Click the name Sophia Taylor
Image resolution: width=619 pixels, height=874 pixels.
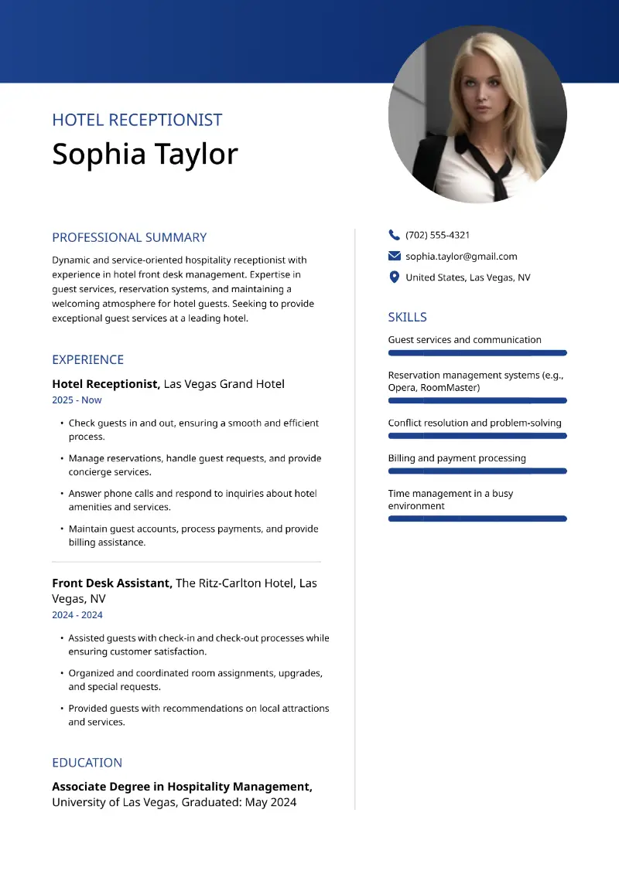(x=145, y=155)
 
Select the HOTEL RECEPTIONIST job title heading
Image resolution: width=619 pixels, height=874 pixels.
(x=137, y=120)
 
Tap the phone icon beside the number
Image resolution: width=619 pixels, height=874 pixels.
(x=395, y=235)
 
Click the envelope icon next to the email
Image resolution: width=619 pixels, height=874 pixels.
(x=395, y=257)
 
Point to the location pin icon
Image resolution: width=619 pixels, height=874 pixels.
(x=395, y=277)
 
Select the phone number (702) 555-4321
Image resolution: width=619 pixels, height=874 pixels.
(x=437, y=235)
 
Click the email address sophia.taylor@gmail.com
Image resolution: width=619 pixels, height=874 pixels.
(x=461, y=257)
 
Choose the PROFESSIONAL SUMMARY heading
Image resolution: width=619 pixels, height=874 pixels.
(x=129, y=237)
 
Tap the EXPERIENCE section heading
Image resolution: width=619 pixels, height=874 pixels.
(x=87, y=359)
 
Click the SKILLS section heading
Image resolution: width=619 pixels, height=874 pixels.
(x=407, y=317)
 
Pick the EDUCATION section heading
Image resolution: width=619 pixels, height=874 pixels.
(x=87, y=763)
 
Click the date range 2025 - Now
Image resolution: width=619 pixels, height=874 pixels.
(x=77, y=400)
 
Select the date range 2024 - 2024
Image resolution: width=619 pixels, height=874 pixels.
(x=77, y=615)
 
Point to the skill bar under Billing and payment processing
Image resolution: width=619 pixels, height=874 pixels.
(x=477, y=471)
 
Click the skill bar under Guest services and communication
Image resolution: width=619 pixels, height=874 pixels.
(x=477, y=352)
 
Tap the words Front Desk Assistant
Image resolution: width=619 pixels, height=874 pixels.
(x=111, y=583)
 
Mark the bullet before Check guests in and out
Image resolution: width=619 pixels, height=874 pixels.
(x=61, y=423)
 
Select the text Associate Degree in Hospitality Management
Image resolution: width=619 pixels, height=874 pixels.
(x=182, y=787)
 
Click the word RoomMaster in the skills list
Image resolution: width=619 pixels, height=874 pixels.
(x=450, y=388)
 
